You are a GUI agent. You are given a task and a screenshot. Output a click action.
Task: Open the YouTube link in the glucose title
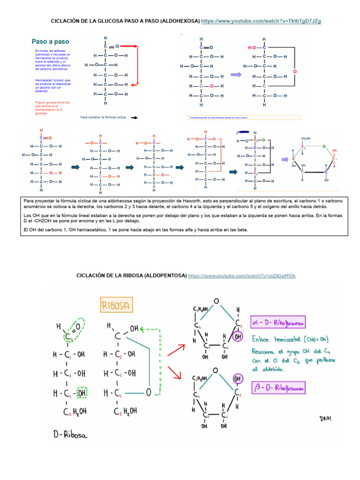click(x=261, y=22)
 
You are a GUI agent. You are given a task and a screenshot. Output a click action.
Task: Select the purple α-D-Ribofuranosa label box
click(x=278, y=323)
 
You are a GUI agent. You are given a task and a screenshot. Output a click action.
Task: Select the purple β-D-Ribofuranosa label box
click(x=278, y=388)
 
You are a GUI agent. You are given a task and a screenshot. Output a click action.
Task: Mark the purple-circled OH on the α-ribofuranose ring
click(x=238, y=337)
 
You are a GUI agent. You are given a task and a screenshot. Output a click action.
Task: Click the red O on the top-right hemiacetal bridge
click(x=294, y=72)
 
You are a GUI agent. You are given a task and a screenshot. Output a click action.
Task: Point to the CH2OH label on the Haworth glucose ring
click(x=306, y=139)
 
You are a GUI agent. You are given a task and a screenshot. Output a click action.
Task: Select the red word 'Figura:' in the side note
click(x=41, y=102)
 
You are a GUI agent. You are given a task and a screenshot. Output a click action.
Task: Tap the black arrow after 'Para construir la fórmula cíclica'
click(x=135, y=118)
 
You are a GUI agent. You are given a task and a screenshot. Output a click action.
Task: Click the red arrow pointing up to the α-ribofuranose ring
click(x=175, y=349)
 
